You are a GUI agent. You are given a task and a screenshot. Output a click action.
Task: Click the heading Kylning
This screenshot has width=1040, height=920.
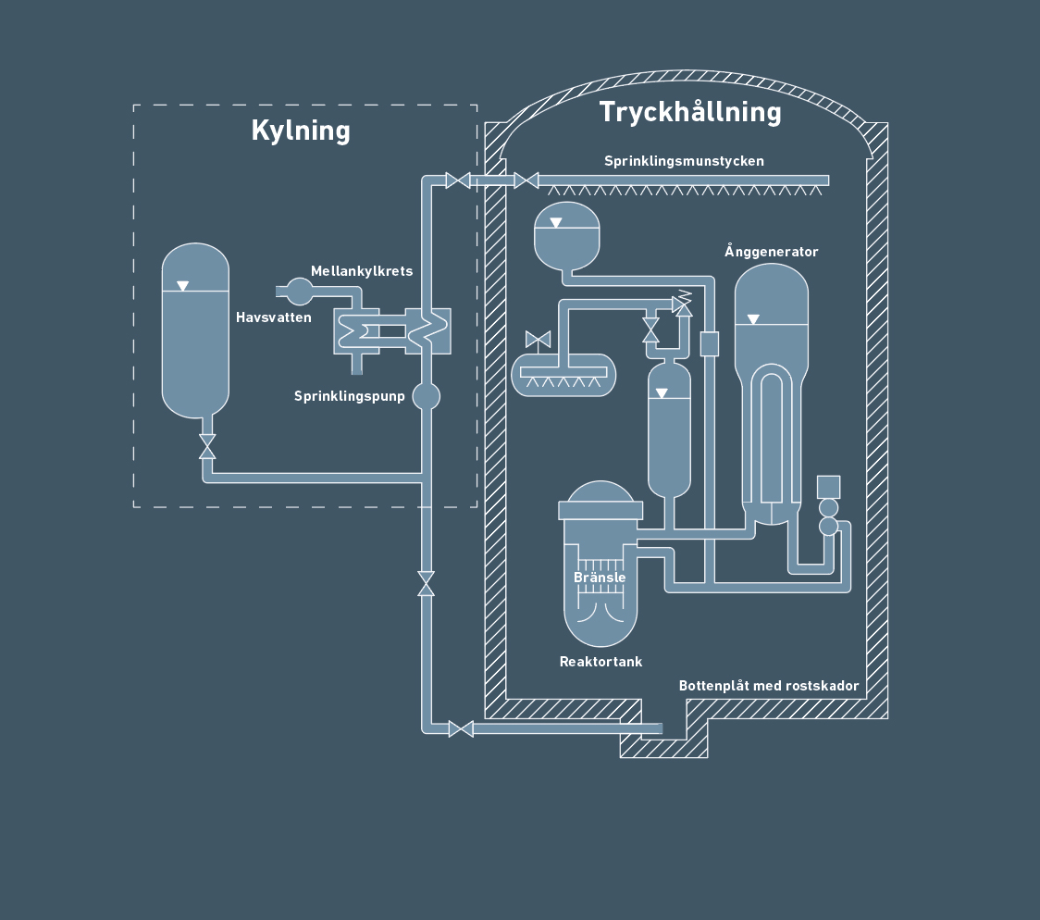click(x=301, y=131)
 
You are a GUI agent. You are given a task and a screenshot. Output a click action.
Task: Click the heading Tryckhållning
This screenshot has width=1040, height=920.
click(x=690, y=112)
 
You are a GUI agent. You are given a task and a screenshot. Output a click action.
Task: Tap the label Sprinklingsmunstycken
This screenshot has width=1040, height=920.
click(x=684, y=161)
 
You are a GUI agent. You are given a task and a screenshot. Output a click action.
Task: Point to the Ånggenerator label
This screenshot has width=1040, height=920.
click(x=771, y=252)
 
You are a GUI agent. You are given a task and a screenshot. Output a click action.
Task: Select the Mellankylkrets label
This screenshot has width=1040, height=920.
click(x=362, y=271)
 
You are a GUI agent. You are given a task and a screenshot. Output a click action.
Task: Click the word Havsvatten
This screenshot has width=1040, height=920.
click(x=274, y=317)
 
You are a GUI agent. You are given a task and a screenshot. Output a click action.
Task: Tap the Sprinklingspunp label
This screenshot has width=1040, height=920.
click(x=350, y=396)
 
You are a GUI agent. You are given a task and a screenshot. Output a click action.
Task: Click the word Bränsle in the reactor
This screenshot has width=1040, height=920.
click(x=600, y=578)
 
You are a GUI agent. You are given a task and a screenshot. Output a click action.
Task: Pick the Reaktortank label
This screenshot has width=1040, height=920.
click(x=600, y=662)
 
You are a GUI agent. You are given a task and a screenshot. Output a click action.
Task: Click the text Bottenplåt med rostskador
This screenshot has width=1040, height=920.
click(x=769, y=686)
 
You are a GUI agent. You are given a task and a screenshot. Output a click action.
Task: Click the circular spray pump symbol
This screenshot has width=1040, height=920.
click(x=426, y=396)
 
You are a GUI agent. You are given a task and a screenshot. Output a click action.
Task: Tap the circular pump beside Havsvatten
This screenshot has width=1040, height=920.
click(x=300, y=292)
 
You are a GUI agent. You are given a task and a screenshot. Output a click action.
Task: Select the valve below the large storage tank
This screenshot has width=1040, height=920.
click(x=207, y=446)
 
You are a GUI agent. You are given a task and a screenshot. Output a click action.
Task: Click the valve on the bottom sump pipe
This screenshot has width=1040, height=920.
click(x=461, y=728)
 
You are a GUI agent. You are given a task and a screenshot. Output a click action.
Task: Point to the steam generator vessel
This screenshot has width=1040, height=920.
click(x=771, y=389)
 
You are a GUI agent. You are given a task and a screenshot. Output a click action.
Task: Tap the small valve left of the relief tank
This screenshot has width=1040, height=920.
click(x=538, y=339)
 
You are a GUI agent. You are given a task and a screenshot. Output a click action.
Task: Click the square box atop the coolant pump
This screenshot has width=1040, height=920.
click(x=828, y=486)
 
